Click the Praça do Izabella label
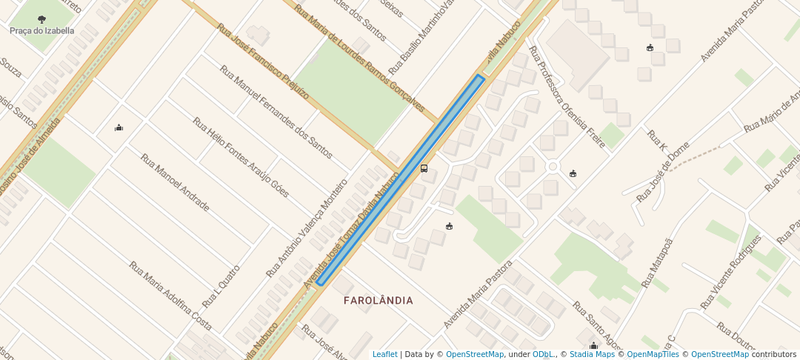click(42, 31)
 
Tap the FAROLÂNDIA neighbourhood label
click(379, 301)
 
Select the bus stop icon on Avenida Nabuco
click(424, 169)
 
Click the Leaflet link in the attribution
click(384, 355)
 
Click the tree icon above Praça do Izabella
click(41, 19)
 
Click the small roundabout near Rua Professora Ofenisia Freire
click(553, 167)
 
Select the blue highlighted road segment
click(400, 180)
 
